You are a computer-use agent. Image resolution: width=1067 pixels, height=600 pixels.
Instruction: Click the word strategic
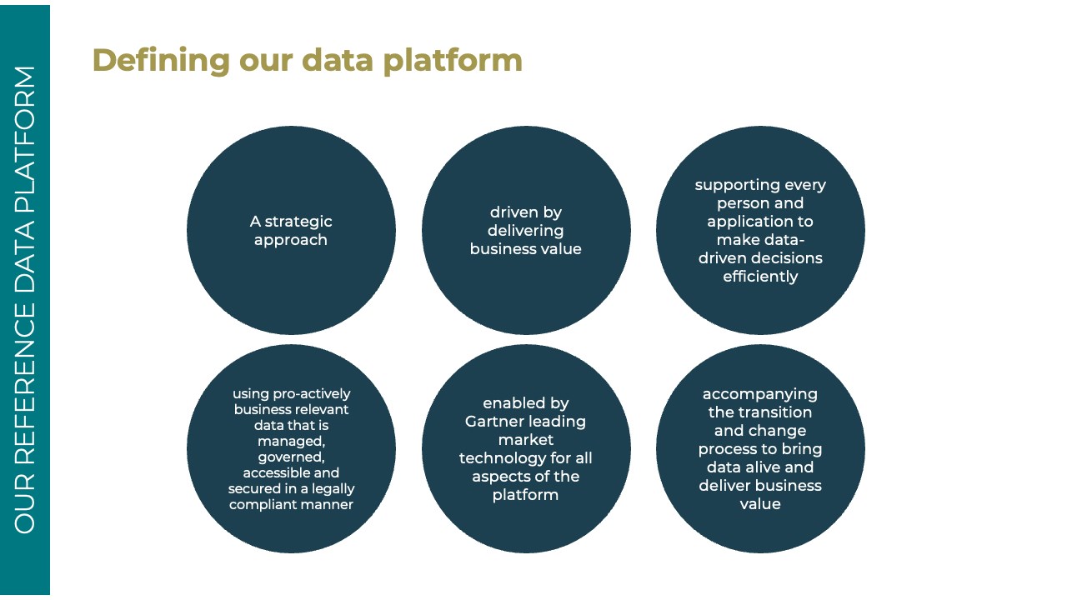pyautogui.click(x=298, y=222)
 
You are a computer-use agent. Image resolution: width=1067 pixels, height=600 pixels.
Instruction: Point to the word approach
pyautogui.click(x=291, y=241)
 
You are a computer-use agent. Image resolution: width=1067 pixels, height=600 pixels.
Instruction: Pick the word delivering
pyautogui.click(x=525, y=232)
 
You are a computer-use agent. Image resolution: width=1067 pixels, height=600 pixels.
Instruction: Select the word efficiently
pyautogui.click(x=760, y=277)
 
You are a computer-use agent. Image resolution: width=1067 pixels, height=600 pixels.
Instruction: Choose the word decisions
pyautogui.click(x=791, y=258)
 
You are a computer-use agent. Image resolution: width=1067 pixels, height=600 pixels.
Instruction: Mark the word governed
pyautogui.click(x=291, y=457)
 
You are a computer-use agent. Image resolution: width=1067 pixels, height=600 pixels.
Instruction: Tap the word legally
pyautogui.click(x=333, y=489)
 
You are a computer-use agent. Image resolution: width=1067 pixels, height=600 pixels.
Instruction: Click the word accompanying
pyautogui.click(x=759, y=395)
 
